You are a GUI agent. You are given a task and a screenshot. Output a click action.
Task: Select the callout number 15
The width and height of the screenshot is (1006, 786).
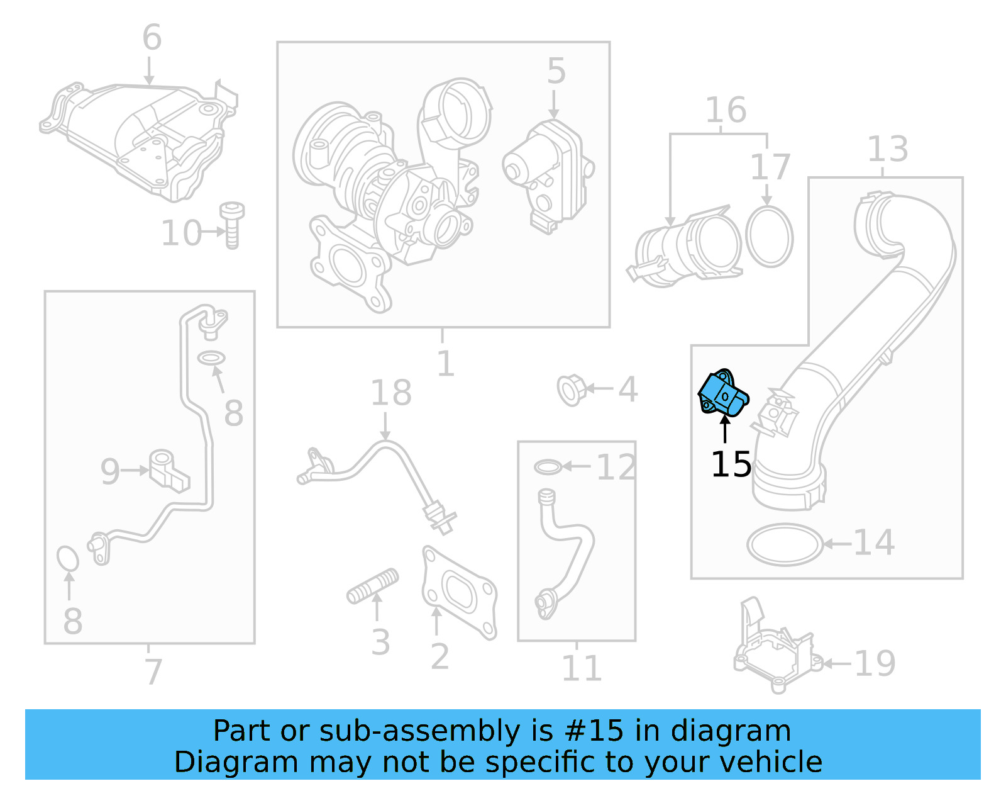(x=731, y=464)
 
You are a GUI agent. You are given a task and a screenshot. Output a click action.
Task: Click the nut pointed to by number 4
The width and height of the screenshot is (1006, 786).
(x=571, y=390)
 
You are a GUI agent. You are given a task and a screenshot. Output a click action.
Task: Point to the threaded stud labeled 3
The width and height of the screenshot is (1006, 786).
(x=373, y=586)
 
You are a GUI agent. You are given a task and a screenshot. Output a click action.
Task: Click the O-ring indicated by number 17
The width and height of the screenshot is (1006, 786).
(x=769, y=237)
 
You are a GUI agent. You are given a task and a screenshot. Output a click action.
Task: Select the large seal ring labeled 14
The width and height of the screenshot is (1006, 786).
(x=785, y=544)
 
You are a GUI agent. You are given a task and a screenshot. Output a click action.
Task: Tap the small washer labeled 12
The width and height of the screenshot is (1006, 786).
(x=548, y=467)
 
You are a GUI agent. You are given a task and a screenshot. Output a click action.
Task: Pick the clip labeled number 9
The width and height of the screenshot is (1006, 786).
(x=168, y=469)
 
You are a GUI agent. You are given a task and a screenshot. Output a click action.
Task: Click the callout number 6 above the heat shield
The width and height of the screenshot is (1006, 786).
(x=152, y=38)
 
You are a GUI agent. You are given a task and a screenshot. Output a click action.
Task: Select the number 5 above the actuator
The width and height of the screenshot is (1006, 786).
(x=556, y=71)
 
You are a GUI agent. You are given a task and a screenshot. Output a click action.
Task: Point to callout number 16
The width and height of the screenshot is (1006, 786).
(x=726, y=110)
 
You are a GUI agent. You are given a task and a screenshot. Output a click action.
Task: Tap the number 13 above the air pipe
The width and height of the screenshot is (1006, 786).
(x=887, y=150)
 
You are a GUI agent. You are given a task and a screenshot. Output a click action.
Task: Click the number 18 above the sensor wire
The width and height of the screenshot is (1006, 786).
(x=390, y=393)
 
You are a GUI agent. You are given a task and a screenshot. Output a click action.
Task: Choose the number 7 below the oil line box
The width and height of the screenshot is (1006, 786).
(x=153, y=671)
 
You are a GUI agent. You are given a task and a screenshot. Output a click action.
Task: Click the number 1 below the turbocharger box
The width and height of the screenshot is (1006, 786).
(x=445, y=364)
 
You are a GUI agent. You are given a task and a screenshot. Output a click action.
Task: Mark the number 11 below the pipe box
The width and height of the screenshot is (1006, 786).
(x=581, y=668)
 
